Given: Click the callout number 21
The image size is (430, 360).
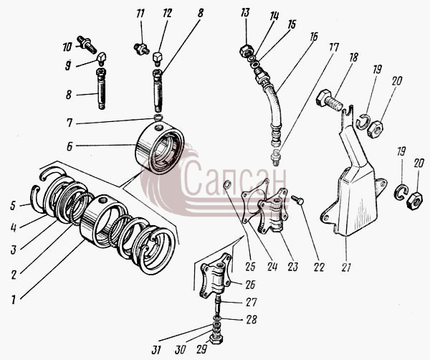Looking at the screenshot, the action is pos(346,266).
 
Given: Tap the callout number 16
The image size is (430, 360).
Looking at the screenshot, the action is pos(315,36).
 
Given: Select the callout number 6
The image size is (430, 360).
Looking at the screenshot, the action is pos(70,146).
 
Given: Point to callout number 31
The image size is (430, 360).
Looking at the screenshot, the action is pos(156,350).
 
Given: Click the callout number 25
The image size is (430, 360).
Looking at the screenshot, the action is pos(250,267).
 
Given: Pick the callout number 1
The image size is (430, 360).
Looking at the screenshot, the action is pos(13,299).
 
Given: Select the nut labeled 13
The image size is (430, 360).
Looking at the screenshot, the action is pos(246,50).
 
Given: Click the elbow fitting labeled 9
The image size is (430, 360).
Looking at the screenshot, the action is pos(102,59).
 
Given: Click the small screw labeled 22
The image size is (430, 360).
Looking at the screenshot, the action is pos(297,199).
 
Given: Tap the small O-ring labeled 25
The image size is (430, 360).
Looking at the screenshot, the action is pos(227,185).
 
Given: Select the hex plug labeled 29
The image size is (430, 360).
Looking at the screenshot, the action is pos(216,339).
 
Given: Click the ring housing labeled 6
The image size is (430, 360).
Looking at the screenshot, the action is pos(160,148).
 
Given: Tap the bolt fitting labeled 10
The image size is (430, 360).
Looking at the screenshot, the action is pos(87,44).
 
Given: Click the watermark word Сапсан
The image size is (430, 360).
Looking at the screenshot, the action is pos(234,179).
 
